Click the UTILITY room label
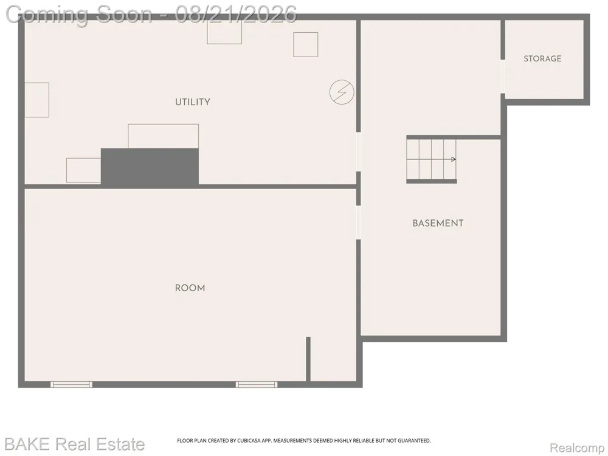(x=192, y=102)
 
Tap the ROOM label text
(x=190, y=288)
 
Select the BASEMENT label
(x=438, y=223)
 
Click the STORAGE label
(x=542, y=58)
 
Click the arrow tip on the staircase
(x=455, y=159)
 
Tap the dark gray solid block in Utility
(x=150, y=167)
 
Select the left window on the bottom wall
(x=71, y=384)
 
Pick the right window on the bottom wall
(x=257, y=384)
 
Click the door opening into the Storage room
(x=503, y=77)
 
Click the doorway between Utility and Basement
(x=358, y=151)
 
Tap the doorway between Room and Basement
(x=358, y=222)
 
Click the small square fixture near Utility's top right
(x=306, y=44)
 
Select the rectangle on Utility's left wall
(x=37, y=100)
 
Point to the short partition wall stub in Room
(x=308, y=359)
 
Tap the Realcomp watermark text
(x=577, y=448)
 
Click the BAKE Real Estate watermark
(x=74, y=444)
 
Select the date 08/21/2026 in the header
(x=236, y=14)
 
